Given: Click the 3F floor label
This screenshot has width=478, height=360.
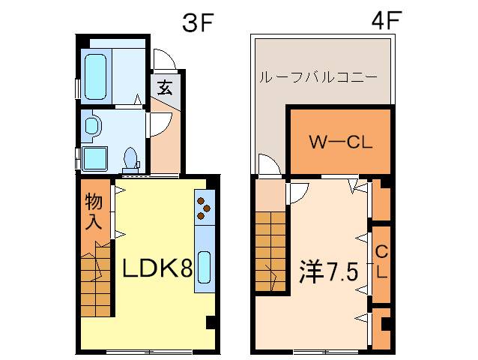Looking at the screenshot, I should pos(199,22).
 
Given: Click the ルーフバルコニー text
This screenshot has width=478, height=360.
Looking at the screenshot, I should pos(318,77).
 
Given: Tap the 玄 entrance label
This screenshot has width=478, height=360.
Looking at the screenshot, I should pos(165,87).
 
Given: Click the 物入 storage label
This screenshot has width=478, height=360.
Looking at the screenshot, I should pos(93,211).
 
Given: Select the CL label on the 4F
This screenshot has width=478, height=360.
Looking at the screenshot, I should pos(381,262).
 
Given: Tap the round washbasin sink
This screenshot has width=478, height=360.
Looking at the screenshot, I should pos(92,125).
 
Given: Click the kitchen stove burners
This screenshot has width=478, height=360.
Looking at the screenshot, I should pos(205,207).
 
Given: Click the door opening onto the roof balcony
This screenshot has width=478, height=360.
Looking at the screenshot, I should pos(267,164).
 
